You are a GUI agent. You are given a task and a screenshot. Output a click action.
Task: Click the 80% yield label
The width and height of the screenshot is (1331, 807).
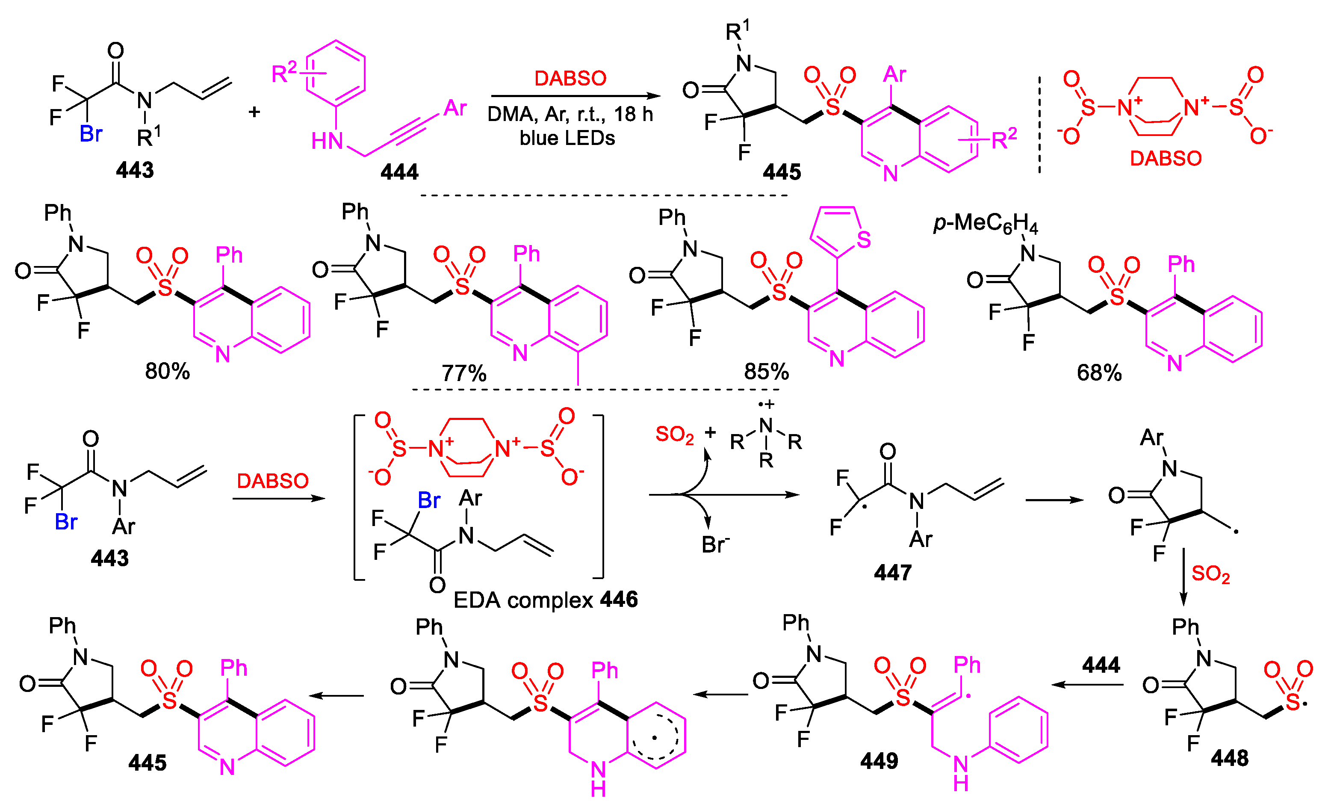(x=168, y=372)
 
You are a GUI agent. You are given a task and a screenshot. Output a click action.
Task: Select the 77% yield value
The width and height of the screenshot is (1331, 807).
(x=464, y=373)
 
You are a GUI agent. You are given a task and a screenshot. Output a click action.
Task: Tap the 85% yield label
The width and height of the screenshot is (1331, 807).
(x=766, y=372)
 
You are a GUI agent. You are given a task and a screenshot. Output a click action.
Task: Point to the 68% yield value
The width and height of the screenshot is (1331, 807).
(x=1099, y=373)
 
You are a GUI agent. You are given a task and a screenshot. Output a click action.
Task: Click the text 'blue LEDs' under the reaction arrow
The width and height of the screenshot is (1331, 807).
(x=567, y=138)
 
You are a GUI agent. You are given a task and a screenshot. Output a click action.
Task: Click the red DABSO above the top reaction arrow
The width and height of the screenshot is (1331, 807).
(x=570, y=79)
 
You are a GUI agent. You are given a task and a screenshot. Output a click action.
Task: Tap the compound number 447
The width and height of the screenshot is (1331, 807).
(x=892, y=573)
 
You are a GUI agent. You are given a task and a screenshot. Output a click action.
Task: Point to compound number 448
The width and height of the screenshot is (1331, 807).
(x=1229, y=758)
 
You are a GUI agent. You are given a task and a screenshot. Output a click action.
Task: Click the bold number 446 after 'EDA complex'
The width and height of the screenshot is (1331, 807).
(x=619, y=600)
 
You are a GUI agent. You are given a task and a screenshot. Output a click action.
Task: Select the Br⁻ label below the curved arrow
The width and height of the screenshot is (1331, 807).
(x=714, y=545)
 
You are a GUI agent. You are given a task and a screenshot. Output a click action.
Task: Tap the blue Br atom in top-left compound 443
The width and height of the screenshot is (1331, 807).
(x=90, y=134)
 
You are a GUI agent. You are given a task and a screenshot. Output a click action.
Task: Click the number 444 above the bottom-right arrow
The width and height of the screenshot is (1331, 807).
(x=1101, y=665)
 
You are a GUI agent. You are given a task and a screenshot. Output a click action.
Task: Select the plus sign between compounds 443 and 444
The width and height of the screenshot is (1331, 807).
(x=254, y=112)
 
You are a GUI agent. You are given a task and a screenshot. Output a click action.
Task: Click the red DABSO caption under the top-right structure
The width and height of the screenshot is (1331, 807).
(x=1166, y=159)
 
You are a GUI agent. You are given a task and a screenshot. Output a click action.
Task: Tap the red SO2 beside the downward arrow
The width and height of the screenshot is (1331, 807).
(x=1210, y=574)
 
